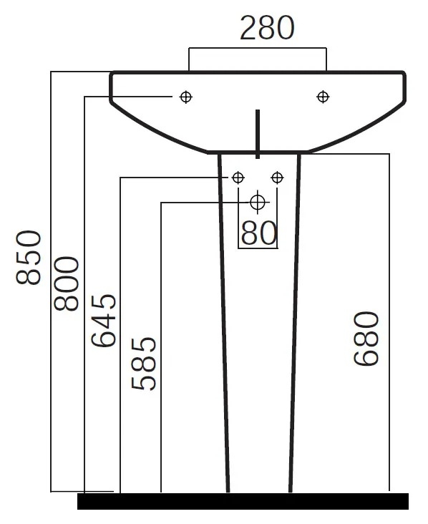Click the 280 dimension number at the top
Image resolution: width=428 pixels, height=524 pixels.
pos(267,28)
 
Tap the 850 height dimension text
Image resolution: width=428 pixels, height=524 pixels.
pos(29,257)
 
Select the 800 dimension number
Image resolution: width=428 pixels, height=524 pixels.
pos(67,283)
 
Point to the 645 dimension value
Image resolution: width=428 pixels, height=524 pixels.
pos(104,321)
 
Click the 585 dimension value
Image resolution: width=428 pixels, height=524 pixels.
pos(144,364)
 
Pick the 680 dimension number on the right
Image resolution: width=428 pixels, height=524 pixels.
pos(366,339)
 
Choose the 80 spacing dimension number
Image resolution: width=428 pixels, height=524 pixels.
pos(259,233)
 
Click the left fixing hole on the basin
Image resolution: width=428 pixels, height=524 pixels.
pos(186,97)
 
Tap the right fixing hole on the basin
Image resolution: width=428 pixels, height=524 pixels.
pos(323,97)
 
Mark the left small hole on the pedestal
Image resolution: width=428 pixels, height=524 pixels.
pos(238,178)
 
